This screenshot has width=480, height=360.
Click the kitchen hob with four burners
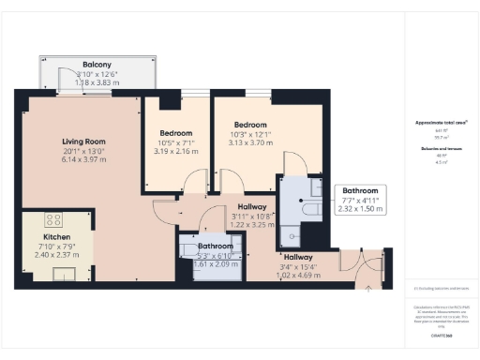54,222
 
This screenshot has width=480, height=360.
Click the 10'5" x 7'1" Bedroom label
175,132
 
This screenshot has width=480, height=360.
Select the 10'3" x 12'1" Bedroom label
250,125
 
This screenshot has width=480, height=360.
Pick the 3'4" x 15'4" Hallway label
298,257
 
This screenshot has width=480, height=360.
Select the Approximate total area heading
442,123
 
